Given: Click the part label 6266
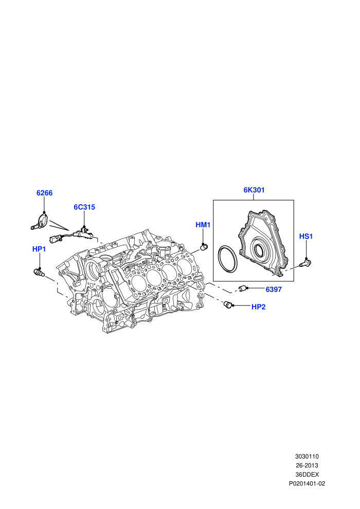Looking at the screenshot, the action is click(x=44, y=193).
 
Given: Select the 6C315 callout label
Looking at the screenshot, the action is click(x=84, y=207).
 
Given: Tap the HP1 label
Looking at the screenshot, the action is click(x=39, y=249).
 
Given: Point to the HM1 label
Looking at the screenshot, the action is click(x=203, y=225).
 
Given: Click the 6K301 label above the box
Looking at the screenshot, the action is click(x=254, y=190).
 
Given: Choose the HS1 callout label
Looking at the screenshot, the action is click(x=306, y=237).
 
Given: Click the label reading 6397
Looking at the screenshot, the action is click(x=274, y=289).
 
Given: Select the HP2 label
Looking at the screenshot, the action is click(x=258, y=307).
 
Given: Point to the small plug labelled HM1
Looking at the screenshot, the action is click(x=204, y=247).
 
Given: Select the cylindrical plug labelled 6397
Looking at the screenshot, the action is click(x=243, y=288).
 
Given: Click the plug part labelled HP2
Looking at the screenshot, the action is click(x=229, y=304).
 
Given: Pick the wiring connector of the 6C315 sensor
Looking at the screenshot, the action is click(x=55, y=239).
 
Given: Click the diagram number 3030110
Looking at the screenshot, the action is click(x=307, y=457).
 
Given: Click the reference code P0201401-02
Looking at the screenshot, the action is click(x=307, y=484).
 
